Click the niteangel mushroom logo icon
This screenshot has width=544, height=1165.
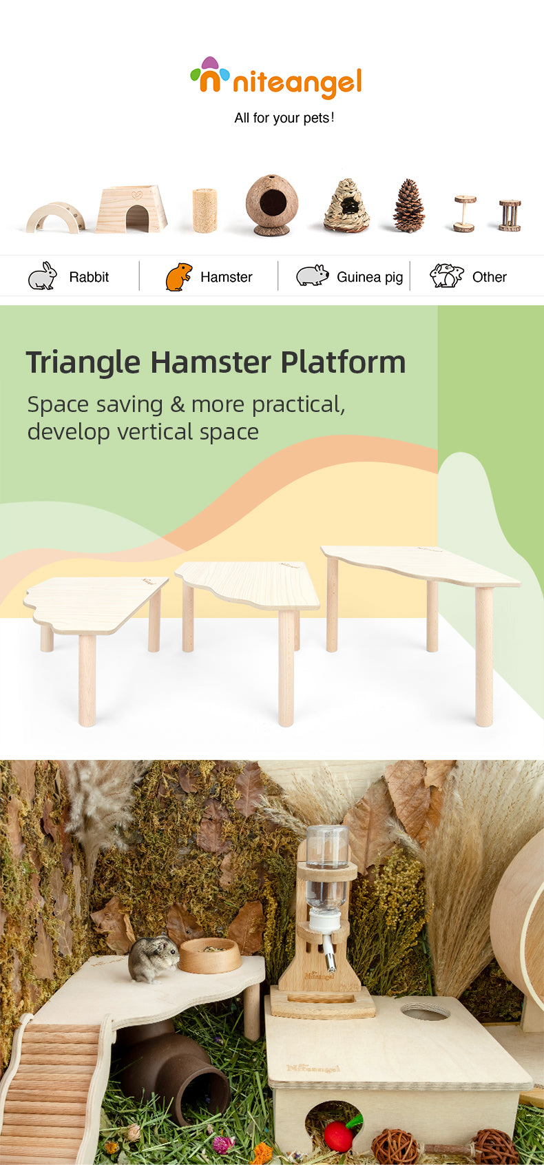pos(209,75)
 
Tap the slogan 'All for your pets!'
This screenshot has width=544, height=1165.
pos(284,118)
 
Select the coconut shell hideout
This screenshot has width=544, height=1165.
pos(271,205)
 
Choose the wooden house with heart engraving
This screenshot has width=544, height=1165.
pos(132,209)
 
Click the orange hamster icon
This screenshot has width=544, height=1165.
pos(178,277)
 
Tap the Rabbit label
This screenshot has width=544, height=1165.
pos(89,277)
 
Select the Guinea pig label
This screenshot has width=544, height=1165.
pos(370,277)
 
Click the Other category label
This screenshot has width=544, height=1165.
pos(490,277)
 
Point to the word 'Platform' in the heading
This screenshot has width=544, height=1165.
pos(343,362)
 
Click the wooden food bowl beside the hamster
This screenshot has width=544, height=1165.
pos(209,956)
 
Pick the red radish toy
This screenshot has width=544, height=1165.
pos(340,1135)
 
